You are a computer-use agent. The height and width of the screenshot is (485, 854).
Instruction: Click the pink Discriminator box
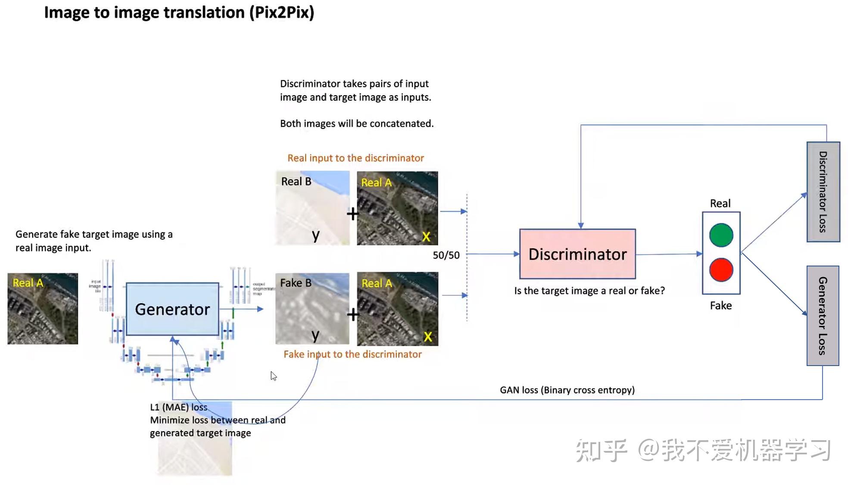click(577, 254)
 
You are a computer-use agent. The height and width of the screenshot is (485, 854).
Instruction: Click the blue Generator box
click(172, 309)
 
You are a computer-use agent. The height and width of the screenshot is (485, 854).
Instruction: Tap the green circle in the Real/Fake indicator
click(721, 235)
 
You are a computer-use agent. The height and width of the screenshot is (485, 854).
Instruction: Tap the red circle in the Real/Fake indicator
click(721, 270)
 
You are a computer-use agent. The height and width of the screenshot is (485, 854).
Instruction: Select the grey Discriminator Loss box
click(823, 192)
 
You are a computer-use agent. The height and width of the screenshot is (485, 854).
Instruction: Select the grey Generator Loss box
click(823, 316)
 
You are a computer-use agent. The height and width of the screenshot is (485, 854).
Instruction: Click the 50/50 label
click(446, 255)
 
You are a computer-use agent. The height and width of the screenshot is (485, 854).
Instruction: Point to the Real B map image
click(312, 208)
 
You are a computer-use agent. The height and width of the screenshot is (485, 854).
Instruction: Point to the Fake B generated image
click(312, 309)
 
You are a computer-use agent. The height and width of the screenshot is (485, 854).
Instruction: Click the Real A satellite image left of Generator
click(43, 309)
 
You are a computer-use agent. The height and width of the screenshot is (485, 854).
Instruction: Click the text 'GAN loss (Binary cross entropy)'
click(567, 390)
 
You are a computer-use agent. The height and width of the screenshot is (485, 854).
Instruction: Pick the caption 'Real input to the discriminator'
click(355, 158)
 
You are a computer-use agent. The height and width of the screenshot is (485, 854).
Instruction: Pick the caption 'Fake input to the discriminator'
click(352, 354)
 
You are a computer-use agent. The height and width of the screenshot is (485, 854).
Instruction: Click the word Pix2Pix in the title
click(282, 13)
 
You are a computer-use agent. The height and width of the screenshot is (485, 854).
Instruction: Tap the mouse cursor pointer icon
click(273, 376)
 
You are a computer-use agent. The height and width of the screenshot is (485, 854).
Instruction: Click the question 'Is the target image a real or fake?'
click(589, 291)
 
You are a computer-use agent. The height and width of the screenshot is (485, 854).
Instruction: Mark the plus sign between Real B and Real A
click(352, 214)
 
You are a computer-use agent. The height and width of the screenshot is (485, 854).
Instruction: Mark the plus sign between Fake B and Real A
click(353, 315)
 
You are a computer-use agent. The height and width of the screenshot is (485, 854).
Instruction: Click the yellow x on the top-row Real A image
click(426, 237)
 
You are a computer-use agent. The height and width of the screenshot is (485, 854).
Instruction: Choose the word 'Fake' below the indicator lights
click(721, 306)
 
